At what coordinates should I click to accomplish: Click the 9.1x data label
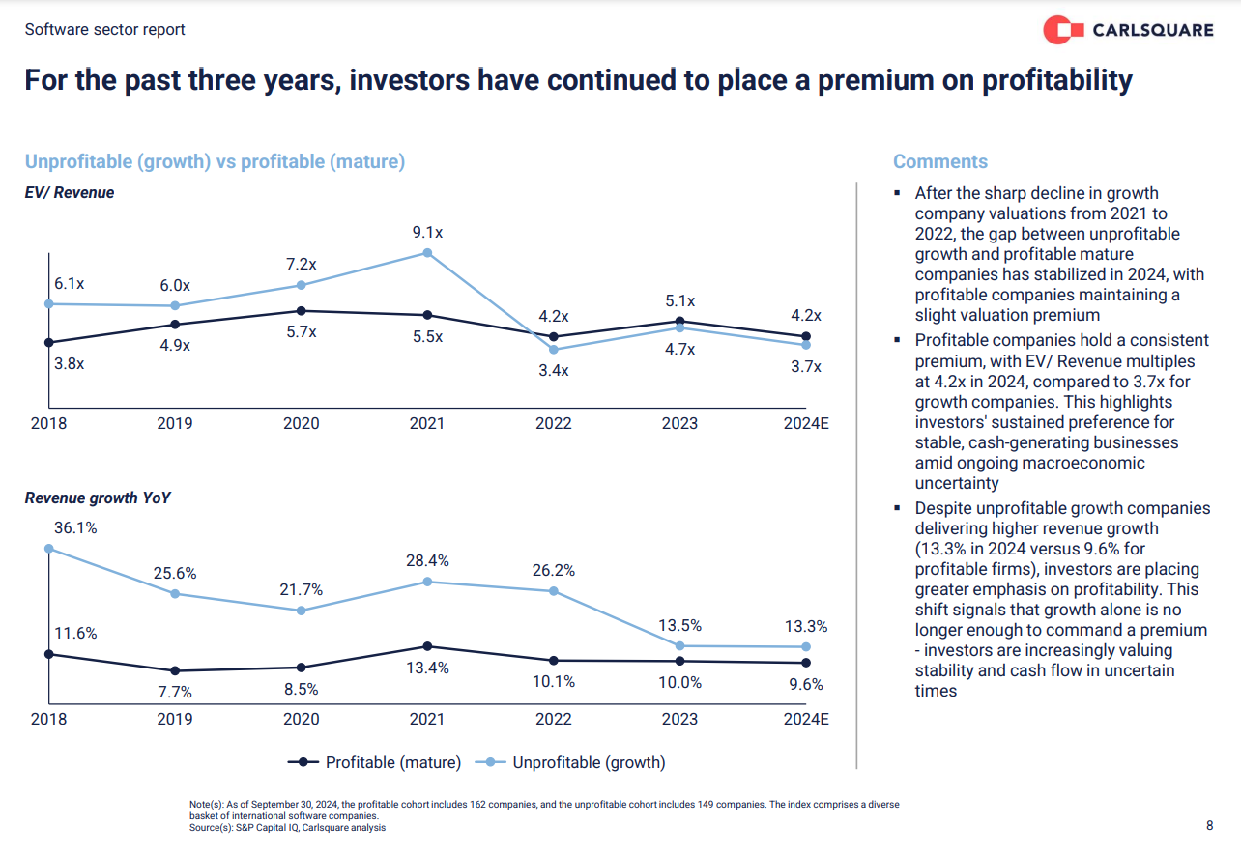tap(427, 232)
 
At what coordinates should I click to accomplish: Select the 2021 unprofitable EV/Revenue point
tap(427, 253)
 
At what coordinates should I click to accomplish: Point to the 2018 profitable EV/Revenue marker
tap(48, 342)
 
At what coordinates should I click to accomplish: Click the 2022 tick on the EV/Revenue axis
tap(553, 423)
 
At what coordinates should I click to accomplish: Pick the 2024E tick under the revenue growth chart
tap(806, 719)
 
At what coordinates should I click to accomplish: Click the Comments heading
tap(940, 161)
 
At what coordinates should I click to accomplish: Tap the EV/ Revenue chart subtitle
tap(70, 193)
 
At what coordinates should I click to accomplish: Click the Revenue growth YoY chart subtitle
tap(99, 498)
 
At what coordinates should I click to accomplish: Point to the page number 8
tap(1209, 825)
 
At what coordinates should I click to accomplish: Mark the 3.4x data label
tap(554, 371)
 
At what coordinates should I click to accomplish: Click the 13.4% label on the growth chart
tap(427, 668)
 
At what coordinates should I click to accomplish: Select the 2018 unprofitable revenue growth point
tap(48, 549)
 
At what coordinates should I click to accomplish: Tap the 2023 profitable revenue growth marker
tap(679, 661)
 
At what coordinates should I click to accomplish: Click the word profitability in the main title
tap(1057, 79)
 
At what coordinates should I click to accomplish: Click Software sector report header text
tap(105, 29)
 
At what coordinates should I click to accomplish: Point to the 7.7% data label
tap(175, 692)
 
